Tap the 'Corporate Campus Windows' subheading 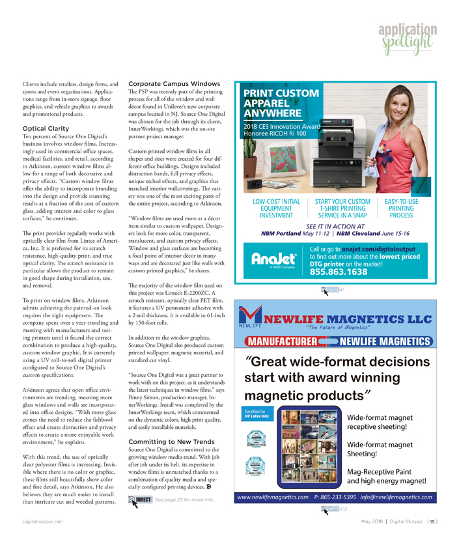165,84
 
